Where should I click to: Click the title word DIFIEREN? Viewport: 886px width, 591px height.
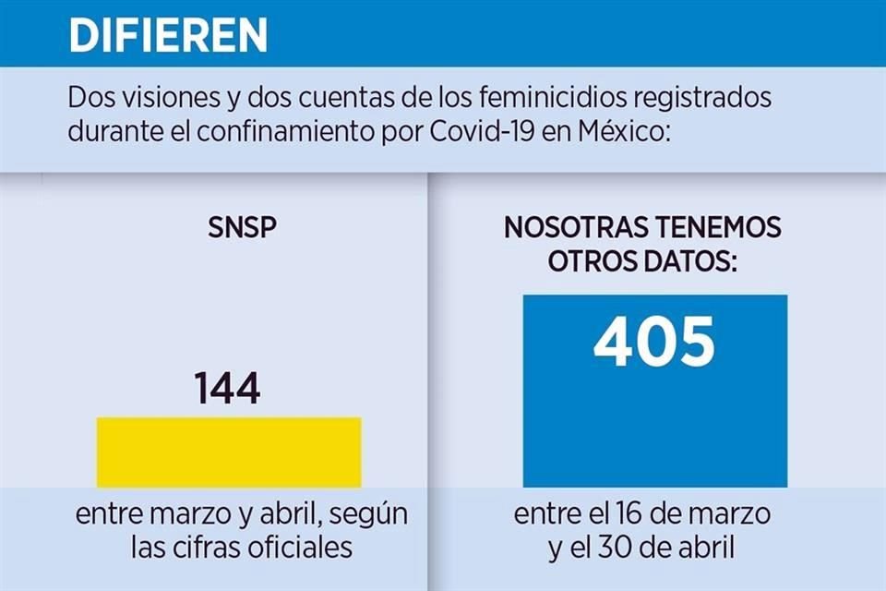pos(168,35)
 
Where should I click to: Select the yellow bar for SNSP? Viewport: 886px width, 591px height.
pos(229,452)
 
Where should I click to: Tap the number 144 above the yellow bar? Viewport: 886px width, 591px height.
pos(227,389)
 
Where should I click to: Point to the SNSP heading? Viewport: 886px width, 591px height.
pos(242,227)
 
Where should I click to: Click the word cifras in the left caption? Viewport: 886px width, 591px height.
pos(206,547)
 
